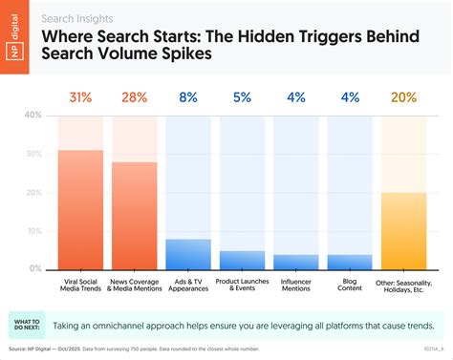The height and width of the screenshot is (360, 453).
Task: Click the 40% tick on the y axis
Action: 32,116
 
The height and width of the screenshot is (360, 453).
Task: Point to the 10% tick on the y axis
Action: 32,231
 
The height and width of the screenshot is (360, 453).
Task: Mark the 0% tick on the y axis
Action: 35,270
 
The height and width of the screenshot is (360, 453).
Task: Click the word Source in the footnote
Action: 18,350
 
